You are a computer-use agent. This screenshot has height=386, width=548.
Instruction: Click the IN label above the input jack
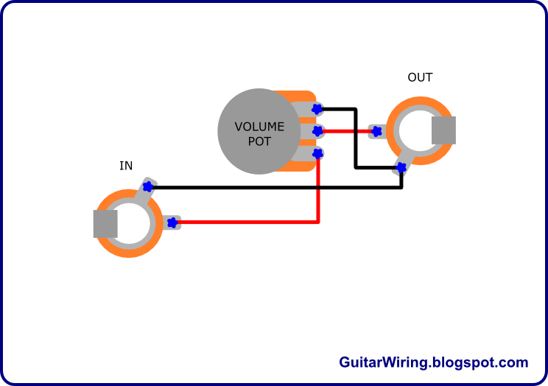pyautogui.click(x=126, y=166)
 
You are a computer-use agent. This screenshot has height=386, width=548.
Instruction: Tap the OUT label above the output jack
pyautogui.click(x=420, y=77)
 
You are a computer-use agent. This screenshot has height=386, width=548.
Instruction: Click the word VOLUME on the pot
pyautogui.click(x=259, y=127)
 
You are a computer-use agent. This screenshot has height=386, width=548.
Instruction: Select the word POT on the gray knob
pyautogui.click(x=259, y=141)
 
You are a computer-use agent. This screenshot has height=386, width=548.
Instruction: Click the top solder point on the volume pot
pyautogui.click(x=317, y=109)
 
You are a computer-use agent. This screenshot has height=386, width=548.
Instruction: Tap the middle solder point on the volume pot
pyautogui.click(x=317, y=131)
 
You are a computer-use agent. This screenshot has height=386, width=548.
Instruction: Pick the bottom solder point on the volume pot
pyautogui.click(x=317, y=153)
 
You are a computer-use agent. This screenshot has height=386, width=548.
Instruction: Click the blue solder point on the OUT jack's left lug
pyautogui.click(x=376, y=132)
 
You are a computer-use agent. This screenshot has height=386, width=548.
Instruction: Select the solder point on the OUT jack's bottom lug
pyautogui.click(x=401, y=167)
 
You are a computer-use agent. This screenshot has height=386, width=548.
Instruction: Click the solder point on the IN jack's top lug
pyautogui.click(x=147, y=186)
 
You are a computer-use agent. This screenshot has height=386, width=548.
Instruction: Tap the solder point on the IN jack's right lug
pyautogui.click(x=173, y=222)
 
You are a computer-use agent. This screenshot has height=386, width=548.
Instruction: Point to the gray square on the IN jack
pyautogui.click(x=105, y=223)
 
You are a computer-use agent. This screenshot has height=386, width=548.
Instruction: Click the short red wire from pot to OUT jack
pyautogui.click(x=346, y=131)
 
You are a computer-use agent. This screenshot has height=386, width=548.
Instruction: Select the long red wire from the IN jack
pyautogui.click(x=250, y=222)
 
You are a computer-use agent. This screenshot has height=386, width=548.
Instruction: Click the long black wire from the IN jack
pyautogui.click(x=280, y=187)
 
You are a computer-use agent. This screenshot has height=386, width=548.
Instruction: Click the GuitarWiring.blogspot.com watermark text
pyautogui.click(x=433, y=362)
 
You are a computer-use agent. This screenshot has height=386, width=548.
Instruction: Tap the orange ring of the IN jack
pyautogui.click(x=128, y=250)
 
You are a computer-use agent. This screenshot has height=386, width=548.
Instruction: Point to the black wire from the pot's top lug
pyautogui.click(x=356, y=140)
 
